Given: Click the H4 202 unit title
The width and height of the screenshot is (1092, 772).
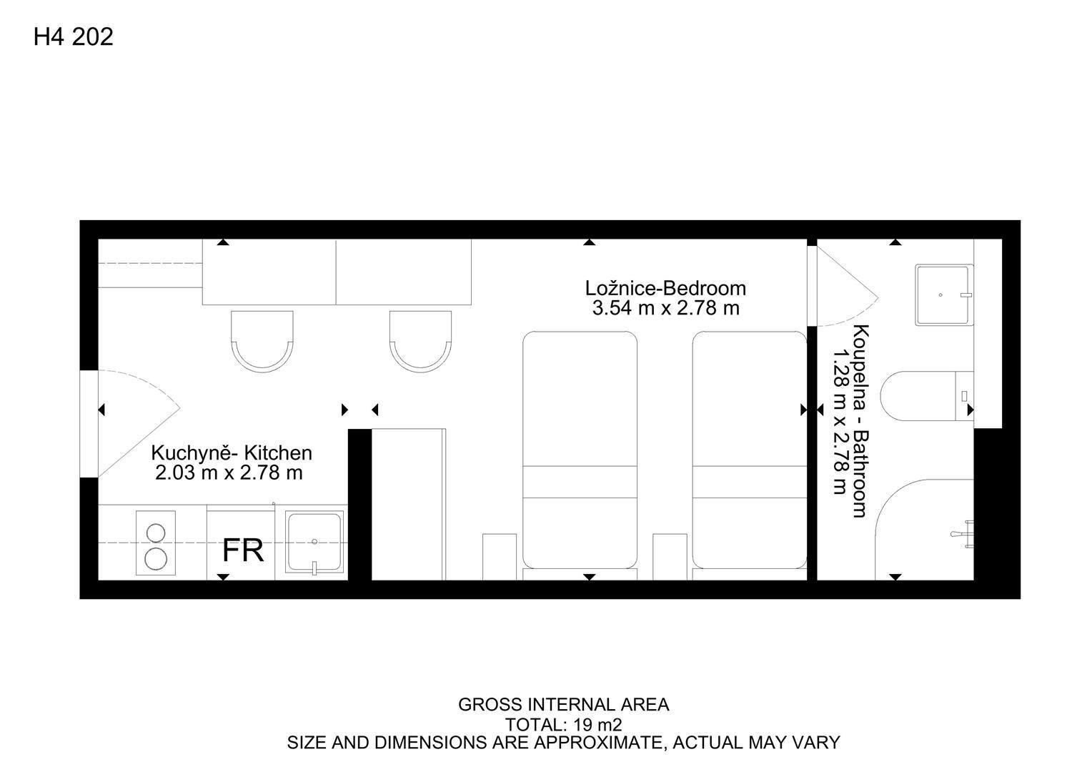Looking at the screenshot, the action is (x=73, y=36).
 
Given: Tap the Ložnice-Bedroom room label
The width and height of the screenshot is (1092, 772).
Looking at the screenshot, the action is (x=665, y=288).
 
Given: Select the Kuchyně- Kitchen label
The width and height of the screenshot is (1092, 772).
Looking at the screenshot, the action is (x=232, y=453).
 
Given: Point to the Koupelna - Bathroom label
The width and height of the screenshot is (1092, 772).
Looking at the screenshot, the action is (x=861, y=420).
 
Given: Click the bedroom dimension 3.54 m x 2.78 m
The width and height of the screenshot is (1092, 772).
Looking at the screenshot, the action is (x=666, y=308).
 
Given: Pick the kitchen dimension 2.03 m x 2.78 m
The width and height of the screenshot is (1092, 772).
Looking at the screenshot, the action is (x=229, y=472).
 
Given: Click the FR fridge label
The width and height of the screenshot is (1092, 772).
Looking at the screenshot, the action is (x=243, y=551).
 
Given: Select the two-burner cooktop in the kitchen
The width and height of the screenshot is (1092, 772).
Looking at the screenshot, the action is (x=156, y=543).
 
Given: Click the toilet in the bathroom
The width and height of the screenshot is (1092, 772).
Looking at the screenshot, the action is (x=926, y=396).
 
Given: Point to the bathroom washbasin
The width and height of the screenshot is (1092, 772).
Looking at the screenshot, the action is (x=944, y=295).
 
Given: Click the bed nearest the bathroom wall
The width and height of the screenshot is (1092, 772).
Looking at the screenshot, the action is (x=749, y=450).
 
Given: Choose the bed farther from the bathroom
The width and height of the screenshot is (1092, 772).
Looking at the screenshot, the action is (x=580, y=450).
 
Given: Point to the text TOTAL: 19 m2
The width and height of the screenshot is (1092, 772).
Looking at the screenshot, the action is (x=564, y=726).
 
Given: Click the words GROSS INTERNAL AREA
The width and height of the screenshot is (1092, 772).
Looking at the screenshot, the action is (x=564, y=705).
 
